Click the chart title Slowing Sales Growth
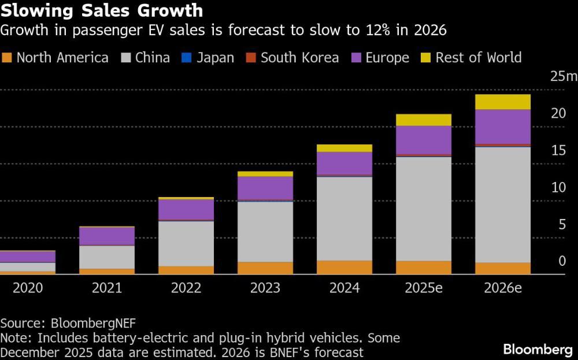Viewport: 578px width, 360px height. click(102, 10)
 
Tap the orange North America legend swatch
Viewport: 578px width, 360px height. click(7, 58)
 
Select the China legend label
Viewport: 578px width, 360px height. click(153, 58)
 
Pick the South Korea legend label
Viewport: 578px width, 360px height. click(299, 58)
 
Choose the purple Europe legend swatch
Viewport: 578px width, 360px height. click(355, 58)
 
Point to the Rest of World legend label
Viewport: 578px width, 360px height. click(479, 58)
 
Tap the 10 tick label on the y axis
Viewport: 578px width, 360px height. click(558, 188)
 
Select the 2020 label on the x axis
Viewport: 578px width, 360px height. click(28, 288)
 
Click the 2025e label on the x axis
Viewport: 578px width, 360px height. click(424, 288)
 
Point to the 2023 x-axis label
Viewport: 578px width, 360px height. click(265, 288)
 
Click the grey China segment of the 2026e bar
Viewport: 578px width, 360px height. click(503, 205)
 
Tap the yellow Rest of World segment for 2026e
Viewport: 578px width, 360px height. click(503, 102)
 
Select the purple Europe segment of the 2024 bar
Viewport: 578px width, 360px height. click(344, 164)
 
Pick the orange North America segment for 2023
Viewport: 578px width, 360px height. click(265, 268)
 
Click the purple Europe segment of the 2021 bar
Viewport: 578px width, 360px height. click(107, 236)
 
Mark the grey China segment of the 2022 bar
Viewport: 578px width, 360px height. click(186, 243)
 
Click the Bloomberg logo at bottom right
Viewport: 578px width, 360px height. click(538, 349)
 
